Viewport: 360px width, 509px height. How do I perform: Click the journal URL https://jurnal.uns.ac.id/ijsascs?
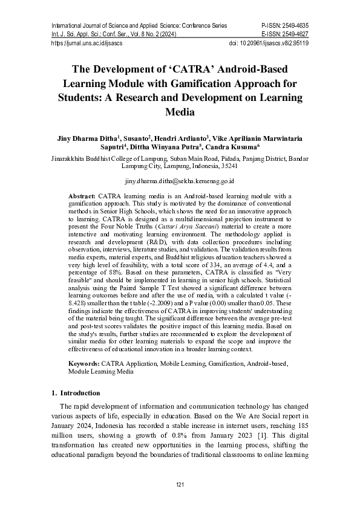coord(87,44)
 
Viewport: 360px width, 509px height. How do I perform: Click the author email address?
coord(180,181)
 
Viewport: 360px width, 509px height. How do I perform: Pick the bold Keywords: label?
coord(84,365)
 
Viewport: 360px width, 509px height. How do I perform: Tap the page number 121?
coord(180,485)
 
